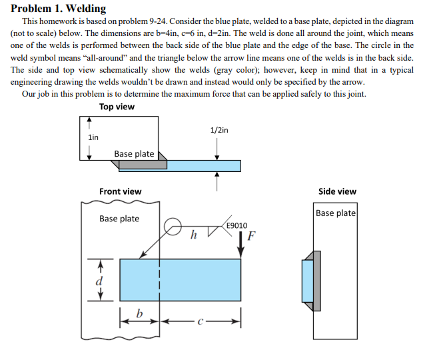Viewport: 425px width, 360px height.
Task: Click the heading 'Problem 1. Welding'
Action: coord(59,9)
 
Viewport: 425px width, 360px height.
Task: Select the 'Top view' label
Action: coord(117,107)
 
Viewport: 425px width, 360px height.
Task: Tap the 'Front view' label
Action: coord(120,191)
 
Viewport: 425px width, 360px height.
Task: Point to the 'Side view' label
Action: coord(337,191)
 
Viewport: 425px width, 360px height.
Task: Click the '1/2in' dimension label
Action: coord(218,129)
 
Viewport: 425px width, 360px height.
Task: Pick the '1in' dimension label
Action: coord(93,137)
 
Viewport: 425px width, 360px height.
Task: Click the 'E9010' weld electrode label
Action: coord(236,225)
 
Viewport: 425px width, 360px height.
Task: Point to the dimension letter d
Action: coord(100,281)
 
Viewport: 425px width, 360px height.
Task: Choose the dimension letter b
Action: coord(139,313)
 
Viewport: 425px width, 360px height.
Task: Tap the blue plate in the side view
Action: coord(306,280)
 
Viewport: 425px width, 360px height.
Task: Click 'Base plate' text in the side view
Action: coord(336,213)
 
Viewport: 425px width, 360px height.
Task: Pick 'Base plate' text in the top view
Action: coord(134,154)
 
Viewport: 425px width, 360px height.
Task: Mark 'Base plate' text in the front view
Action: coord(119,219)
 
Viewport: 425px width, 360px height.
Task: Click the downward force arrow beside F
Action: coord(241,243)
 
